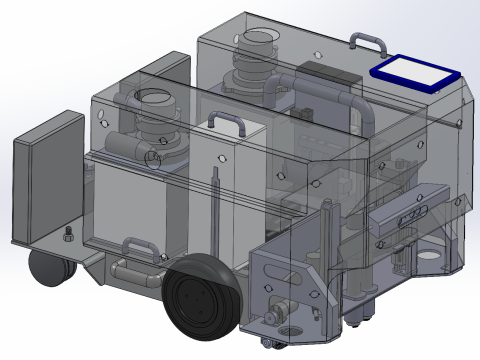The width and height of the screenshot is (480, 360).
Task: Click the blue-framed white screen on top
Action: [x=414, y=72]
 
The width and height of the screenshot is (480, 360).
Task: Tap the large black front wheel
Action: [x=200, y=300]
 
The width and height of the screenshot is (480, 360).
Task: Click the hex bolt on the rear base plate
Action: [x=67, y=235]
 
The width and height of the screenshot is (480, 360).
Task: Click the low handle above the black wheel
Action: [x=139, y=244]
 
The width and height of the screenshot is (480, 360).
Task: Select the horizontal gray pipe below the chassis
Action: [x=135, y=270]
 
